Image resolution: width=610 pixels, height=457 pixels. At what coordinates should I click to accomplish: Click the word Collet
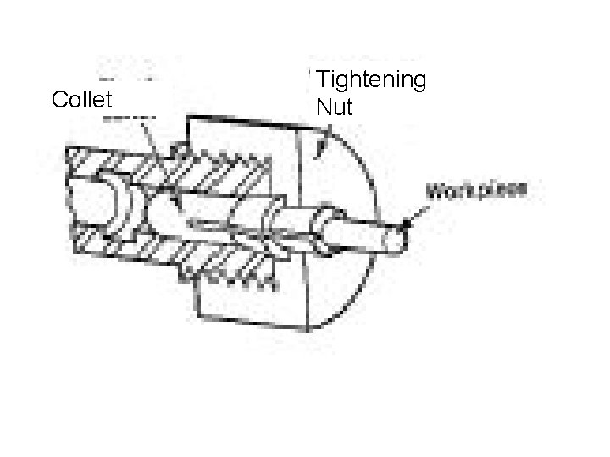click(81, 100)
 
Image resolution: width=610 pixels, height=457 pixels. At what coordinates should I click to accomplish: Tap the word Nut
click(331, 107)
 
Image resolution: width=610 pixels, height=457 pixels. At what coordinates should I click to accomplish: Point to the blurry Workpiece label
click(479, 189)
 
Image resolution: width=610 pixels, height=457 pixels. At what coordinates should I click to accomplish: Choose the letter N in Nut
click(323, 107)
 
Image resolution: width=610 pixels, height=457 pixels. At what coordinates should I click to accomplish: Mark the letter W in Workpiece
click(439, 189)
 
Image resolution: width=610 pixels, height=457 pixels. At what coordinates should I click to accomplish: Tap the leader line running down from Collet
click(149, 135)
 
